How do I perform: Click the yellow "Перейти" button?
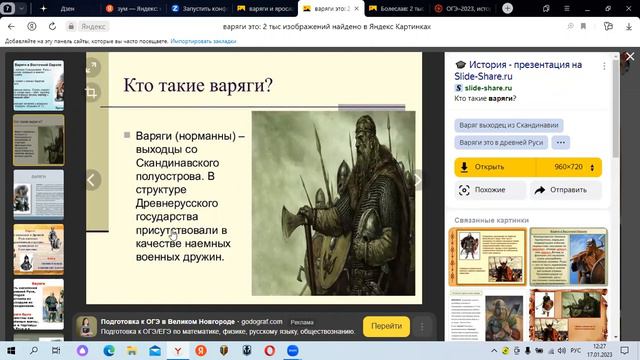pyautogui.click(x=386, y=326)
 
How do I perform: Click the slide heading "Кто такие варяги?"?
pyautogui.click(x=198, y=85)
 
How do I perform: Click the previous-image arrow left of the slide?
pyautogui.click(x=92, y=180)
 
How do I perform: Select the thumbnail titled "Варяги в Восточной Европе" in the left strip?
pyautogui.click(x=39, y=84)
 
